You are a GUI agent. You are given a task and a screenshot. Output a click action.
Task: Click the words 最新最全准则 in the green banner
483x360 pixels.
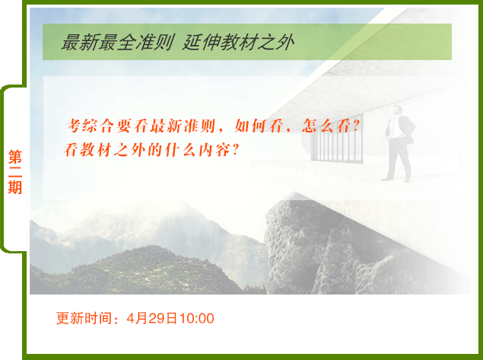(x=117, y=42)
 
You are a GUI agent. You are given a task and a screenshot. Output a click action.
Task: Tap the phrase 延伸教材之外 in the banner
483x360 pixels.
(x=238, y=42)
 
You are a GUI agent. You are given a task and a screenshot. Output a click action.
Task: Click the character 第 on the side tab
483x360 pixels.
(x=14, y=158)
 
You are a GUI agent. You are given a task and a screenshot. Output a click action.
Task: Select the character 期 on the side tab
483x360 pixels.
(x=14, y=187)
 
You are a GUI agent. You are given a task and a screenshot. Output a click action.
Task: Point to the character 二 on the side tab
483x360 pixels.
(x=14, y=172)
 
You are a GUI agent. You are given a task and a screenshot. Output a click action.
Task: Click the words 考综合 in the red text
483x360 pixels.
(x=91, y=126)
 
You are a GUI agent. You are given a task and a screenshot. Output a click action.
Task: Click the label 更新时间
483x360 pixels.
(x=84, y=318)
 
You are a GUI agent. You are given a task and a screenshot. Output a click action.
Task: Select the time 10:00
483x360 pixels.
(x=196, y=319)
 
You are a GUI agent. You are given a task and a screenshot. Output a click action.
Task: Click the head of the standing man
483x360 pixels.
(x=397, y=110)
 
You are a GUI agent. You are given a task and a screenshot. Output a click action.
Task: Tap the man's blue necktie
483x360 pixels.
(x=392, y=126)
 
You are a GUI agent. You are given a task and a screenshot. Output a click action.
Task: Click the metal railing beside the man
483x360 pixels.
(x=337, y=139)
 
